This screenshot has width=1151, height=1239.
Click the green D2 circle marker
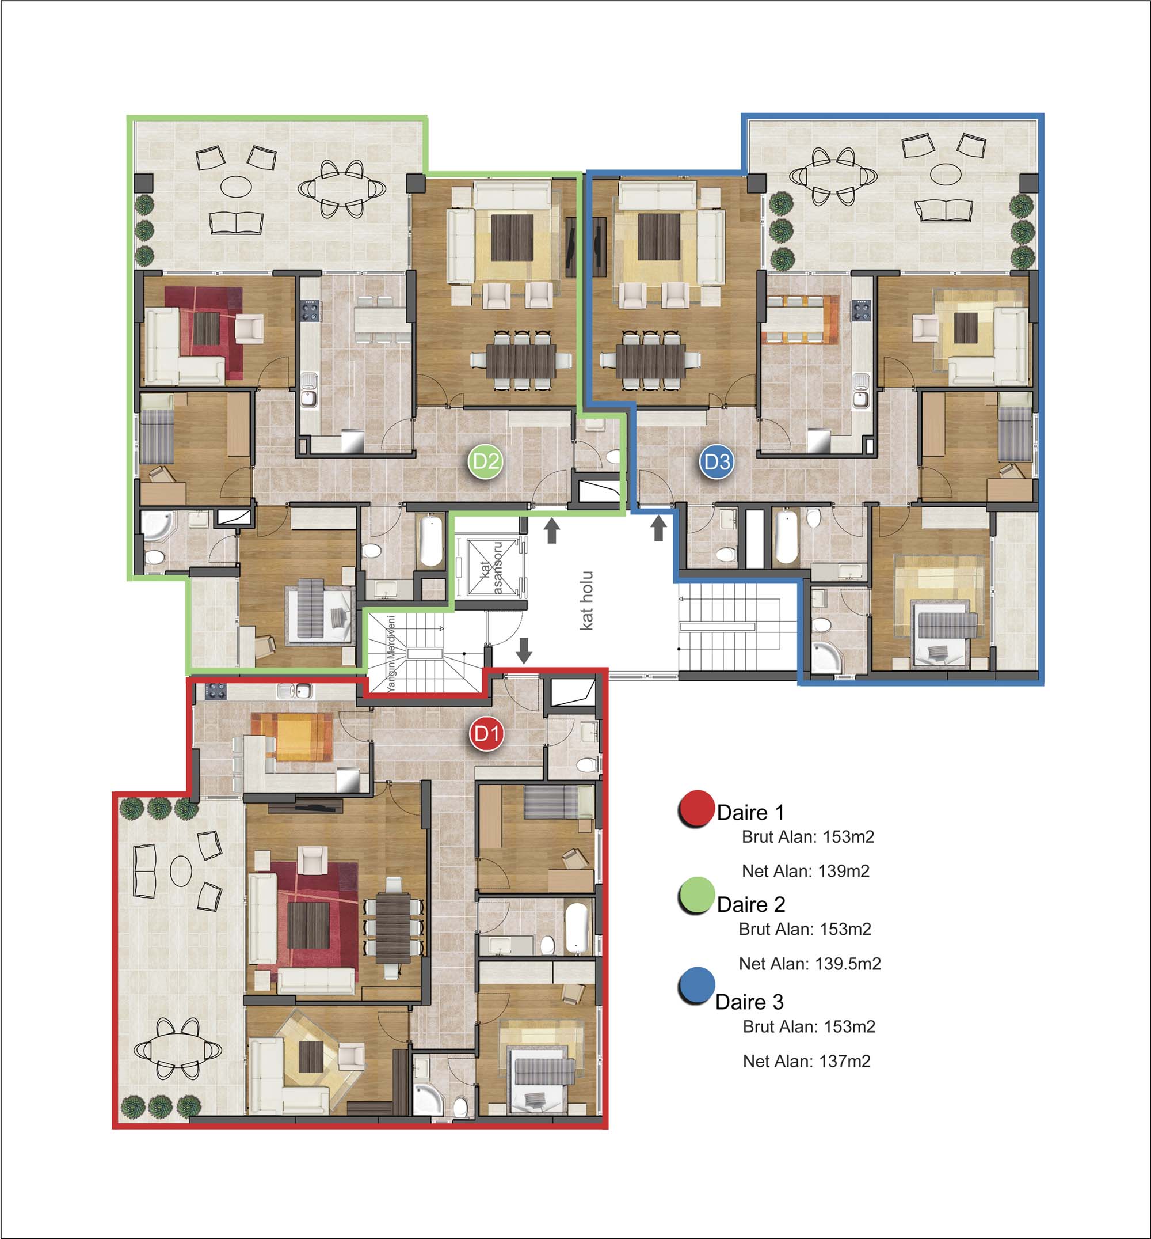coord(485,462)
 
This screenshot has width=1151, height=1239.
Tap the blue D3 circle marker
coord(716,462)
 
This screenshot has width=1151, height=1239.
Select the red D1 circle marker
coord(486,734)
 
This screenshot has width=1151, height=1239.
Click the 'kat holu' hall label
coord(586,600)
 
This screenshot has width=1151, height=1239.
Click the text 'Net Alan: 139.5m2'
coord(810,964)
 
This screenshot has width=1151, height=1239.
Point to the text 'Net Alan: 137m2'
coord(807,1061)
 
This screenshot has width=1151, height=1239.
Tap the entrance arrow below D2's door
coord(552,532)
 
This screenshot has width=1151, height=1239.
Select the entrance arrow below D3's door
coord(659,530)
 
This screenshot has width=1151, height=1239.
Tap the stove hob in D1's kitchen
coord(215,690)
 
